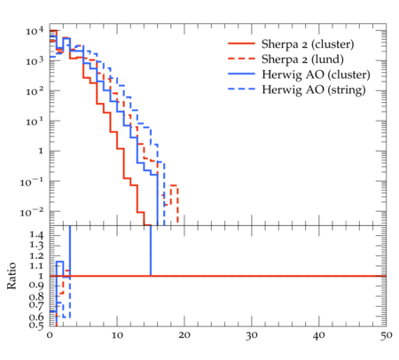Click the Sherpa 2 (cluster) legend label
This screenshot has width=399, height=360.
pyautogui.click(x=308, y=44)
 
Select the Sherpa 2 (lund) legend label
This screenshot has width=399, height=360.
pyautogui.click(x=302, y=59)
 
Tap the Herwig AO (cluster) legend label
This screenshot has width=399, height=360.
pyautogui.click(x=316, y=74)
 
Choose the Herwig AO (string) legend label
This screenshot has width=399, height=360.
pyautogui.click(x=314, y=90)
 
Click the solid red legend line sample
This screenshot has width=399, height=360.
pyautogui.click(x=241, y=43)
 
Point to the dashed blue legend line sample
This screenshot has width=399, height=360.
pyautogui.click(x=241, y=89)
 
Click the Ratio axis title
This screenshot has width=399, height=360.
pyautogui.click(x=12, y=276)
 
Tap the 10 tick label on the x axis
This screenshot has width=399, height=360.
pyautogui.click(x=117, y=335)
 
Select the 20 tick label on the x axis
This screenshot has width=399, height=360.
pyautogui.click(x=184, y=335)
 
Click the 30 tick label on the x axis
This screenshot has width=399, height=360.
pyautogui.click(x=252, y=335)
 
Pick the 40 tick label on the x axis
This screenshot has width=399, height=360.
pyautogui.click(x=319, y=335)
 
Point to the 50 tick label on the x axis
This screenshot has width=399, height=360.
pyautogui.click(x=387, y=335)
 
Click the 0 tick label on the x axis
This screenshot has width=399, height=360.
pyautogui.click(x=50, y=335)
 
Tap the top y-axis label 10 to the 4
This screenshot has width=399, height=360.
pyautogui.click(x=35, y=31)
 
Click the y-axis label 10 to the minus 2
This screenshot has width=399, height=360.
pyautogui.click(x=31, y=212)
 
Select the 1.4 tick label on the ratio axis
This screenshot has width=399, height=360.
pyautogui.click(x=36, y=235)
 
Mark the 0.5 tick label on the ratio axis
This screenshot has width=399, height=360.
pyautogui.click(x=36, y=325)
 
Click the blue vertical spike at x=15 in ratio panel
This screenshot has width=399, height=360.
pyautogui.click(x=151, y=251)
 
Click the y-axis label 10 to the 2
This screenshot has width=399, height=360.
pyautogui.click(x=35, y=91)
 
